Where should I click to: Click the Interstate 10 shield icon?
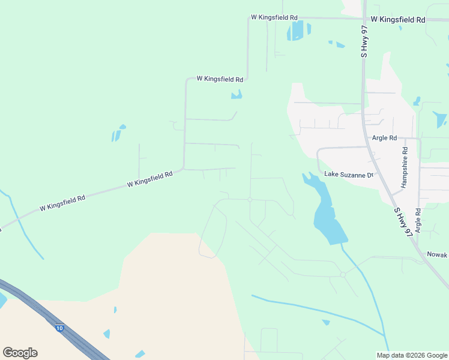pos(59,328)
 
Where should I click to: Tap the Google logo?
pos(20,352)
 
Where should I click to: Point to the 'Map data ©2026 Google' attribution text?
pos(412,355)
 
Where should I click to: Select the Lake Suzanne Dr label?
pos(349,175)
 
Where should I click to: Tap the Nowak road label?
pos(437,254)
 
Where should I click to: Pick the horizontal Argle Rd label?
pos(384,137)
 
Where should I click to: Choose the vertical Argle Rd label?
pos(418,221)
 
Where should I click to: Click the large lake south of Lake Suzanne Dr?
pos(327,216)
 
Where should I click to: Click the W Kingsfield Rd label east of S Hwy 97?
pos(397,20)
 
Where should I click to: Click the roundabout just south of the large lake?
pos(342,274)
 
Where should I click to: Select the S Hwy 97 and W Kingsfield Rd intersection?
pos(364,19)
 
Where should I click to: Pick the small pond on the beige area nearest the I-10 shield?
pos(107,334)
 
